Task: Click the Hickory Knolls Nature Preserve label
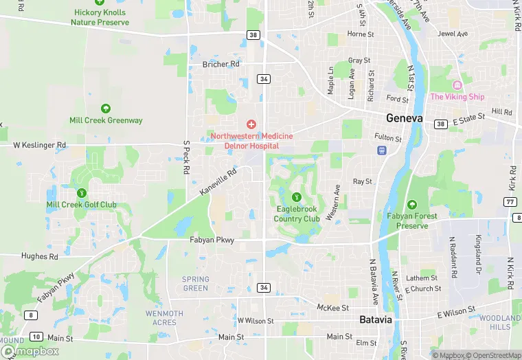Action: click(100, 17)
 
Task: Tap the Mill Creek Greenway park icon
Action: click(106, 109)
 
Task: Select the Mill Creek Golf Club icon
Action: click(82, 192)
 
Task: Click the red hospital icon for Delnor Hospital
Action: click(251, 124)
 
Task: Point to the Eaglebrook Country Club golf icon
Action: click(297, 198)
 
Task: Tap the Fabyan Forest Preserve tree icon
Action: click(412, 205)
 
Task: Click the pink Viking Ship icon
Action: click(457, 85)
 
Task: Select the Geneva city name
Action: click(404, 117)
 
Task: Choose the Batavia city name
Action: click(376, 320)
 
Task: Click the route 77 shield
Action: click(510, 201)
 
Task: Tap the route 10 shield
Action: click(36, 337)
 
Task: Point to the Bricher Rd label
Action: click(220, 64)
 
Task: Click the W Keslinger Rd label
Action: click(40, 145)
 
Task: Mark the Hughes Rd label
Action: click(39, 256)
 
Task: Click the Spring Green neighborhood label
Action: click(196, 284)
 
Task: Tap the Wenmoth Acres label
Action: click(165, 317)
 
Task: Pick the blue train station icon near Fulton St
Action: click(381, 150)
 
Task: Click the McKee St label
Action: click(333, 307)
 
